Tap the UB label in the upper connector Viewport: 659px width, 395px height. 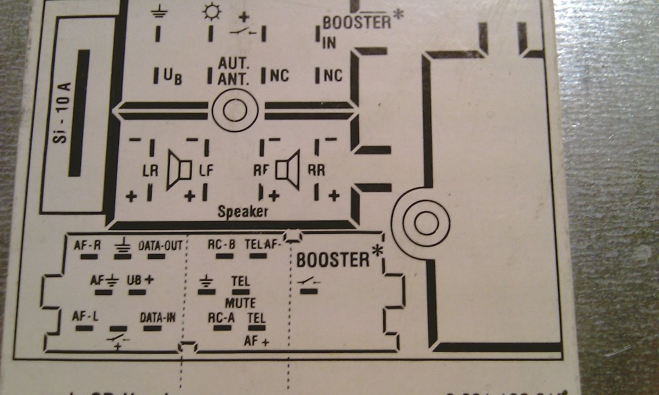pos(172,77)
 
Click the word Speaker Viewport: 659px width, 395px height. pos(243,211)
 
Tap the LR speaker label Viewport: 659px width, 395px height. pos(149,171)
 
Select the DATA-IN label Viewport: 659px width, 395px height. pos(157,317)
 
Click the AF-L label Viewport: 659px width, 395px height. pos(85,317)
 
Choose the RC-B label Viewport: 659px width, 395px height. pos(221,245)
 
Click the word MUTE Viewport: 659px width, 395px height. pos(240,303)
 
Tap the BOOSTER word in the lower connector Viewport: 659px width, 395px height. pos(333,260)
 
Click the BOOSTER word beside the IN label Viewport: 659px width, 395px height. pos(357,22)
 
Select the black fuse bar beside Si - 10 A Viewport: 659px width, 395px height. pos(82,112)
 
